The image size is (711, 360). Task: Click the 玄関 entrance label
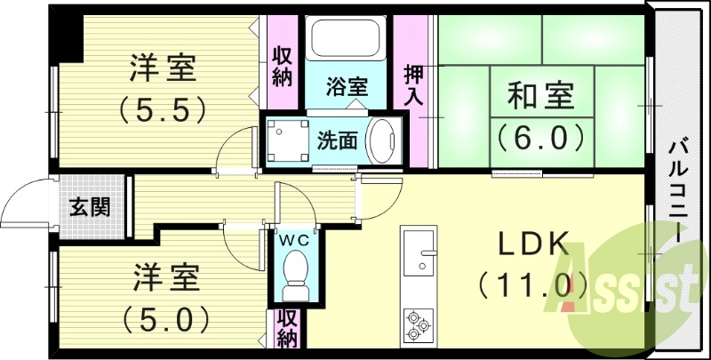[90, 209]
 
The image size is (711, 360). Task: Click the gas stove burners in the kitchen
[418, 324]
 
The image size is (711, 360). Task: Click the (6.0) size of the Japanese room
[540, 136]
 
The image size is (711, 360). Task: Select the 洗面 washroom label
[338, 140]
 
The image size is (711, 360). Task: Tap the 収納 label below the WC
[286, 329]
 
